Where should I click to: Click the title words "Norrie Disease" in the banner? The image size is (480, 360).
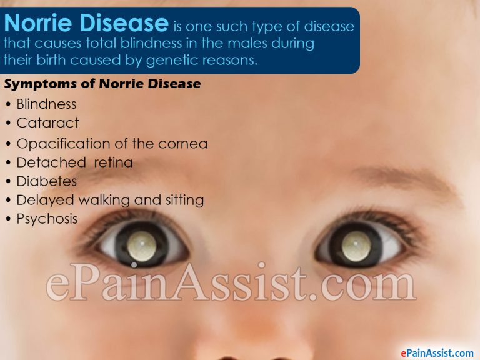(86, 24)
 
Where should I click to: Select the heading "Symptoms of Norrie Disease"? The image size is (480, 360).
(102, 84)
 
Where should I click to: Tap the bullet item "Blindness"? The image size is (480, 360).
(46, 104)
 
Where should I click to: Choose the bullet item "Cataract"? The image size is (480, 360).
(47, 123)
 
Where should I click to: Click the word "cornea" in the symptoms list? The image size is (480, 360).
(182, 144)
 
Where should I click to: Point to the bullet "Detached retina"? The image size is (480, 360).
(74, 163)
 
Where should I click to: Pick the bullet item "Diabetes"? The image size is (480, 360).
(47, 181)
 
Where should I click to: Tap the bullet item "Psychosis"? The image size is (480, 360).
(47, 219)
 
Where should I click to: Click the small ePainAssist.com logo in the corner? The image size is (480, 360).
(428, 352)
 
